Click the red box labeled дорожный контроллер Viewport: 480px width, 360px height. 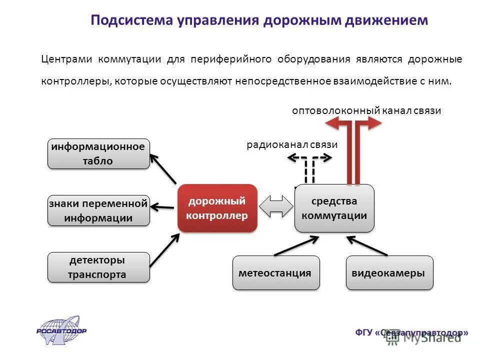[x=217, y=208]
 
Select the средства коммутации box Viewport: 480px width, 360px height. [x=334, y=208]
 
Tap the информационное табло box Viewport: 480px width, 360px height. [x=98, y=153]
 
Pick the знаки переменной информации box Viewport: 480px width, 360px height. [x=98, y=210]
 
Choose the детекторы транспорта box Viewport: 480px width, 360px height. [x=98, y=267]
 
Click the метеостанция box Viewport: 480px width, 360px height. [x=275, y=273]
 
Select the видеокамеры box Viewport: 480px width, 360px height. [x=388, y=273]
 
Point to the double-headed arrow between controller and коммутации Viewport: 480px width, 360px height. [x=276, y=206]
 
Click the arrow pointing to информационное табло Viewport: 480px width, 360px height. [x=163, y=168]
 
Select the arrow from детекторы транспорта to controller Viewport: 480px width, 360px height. [x=164, y=249]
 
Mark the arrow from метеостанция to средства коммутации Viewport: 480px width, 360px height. [x=296, y=246]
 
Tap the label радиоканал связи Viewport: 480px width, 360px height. [x=292, y=144]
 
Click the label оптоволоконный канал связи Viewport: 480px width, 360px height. [x=366, y=110]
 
